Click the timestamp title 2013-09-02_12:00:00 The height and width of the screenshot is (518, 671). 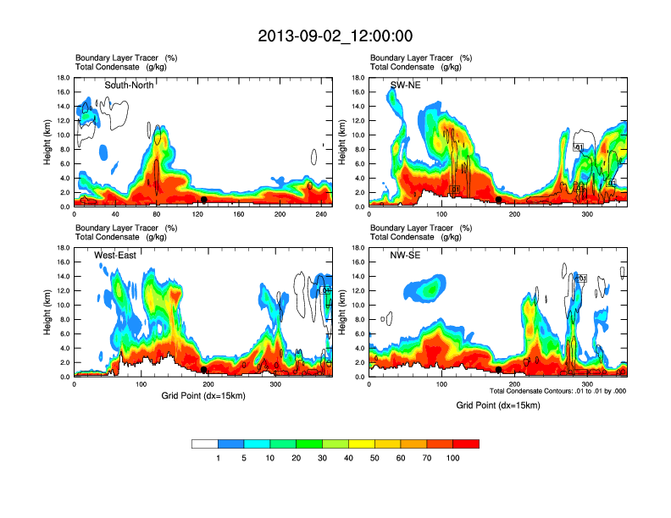(x=335, y=36)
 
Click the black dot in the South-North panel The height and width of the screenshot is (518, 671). (x=204, y=200)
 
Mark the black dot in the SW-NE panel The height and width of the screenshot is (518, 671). (x=499, y=200)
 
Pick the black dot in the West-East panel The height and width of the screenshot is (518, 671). (x=204, y=370)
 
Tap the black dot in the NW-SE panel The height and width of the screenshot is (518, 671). (x=499, y=370)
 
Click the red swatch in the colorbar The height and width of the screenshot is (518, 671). (x=466, y=444)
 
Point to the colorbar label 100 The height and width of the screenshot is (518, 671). (x=452, y=458)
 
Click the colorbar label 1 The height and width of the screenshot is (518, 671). (x=218, y=458)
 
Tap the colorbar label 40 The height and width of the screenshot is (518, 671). (x=348, y=458)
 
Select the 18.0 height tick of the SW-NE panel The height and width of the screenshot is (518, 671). (x=358, y=78)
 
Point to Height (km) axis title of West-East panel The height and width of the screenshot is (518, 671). (x=47, y=311)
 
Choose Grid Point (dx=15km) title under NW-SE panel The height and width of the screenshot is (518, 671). (x=497, y=405)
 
